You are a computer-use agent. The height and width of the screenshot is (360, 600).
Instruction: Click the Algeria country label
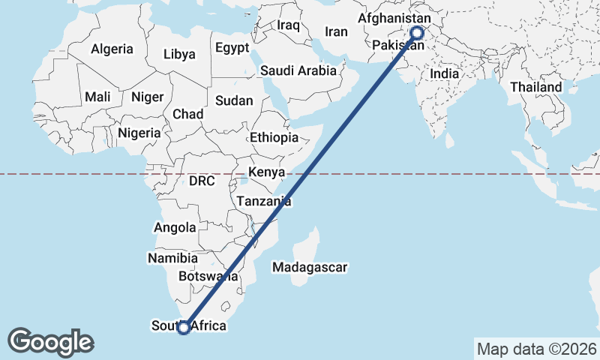(112, 49)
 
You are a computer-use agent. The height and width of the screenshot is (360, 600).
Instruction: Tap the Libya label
(179, 54)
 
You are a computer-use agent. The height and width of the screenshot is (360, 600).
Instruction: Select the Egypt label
(232, 47)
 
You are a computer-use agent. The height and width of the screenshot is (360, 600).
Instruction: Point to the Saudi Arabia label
(299, 70)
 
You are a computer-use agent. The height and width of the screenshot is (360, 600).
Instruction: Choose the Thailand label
(536, 87)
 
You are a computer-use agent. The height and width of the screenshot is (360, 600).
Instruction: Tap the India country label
(445, 74)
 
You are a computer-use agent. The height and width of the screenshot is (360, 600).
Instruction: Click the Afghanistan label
(395, 17)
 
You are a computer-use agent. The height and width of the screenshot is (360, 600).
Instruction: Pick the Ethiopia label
(274, 137)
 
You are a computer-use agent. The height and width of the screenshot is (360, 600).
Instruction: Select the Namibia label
(173, 258)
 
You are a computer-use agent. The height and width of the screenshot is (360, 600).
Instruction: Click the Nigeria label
(139, 133)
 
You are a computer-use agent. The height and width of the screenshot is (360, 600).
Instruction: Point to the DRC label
(202, 181)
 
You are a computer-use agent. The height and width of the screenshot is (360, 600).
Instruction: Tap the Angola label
(175, 227)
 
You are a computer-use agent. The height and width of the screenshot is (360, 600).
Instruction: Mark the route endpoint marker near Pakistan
(417, 33)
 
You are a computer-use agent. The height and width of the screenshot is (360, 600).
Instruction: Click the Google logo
(51, 341)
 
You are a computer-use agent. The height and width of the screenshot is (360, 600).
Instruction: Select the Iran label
(336, 31)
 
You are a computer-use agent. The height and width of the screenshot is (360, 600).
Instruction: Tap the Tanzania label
(263, 201)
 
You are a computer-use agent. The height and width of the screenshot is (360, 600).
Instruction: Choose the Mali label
(98, 97)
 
